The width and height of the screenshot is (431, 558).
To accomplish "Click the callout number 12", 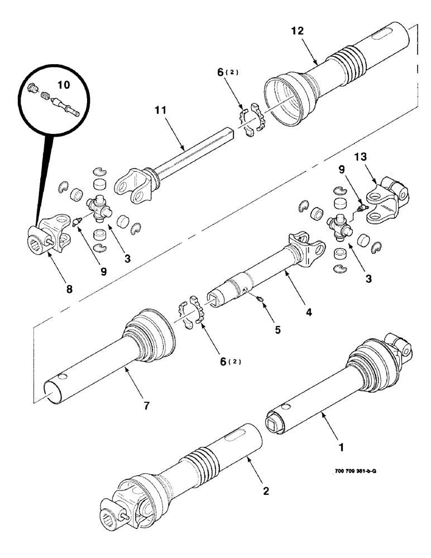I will (x=297, y=31).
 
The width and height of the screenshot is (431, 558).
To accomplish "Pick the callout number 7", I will (x=146, y=406).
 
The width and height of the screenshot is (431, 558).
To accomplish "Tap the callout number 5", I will (x=277, y=329).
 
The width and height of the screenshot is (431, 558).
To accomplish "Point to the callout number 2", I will (x=266, y=490).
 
